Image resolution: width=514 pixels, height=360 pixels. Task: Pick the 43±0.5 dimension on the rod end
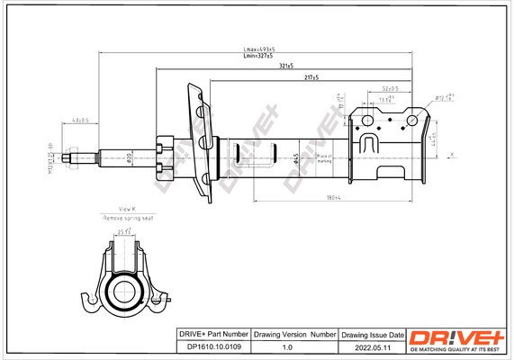pyautogui.click(x=77, y=118)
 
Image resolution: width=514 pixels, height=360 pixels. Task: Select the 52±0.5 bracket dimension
pyautogui.click(x=391, y=88)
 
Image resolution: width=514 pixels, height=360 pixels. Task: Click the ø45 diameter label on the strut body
pyautogui.click(x=296, y=159)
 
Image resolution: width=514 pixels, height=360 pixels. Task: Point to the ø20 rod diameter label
pyautogui.click(x=130, y=159)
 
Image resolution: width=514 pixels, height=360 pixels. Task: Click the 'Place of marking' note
pyautogui.click(x=324, y=159)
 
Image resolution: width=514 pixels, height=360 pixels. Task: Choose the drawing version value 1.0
pyautogui.click(x=289, y=346)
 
